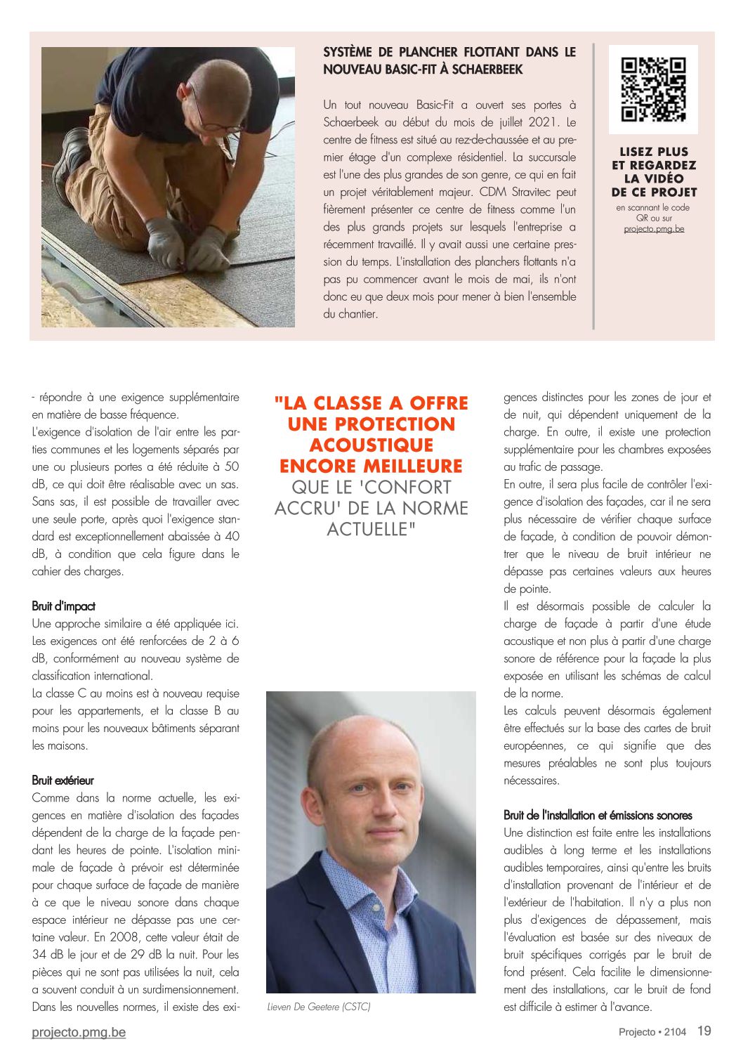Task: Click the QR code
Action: click(x=653, y=89)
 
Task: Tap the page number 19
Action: click(x=704, y=1031)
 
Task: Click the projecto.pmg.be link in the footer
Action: click(x=79, y=1032)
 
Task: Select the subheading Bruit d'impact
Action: click(x=63, y=606)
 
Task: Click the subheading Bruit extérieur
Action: click(x=63, y=781)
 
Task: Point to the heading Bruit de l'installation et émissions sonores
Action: click(x=598, y=815)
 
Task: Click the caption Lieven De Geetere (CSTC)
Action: click(x=319, y=1007)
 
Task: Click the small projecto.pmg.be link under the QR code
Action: click(x=654, y=228)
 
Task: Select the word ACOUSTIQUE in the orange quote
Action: click(x=371, y=445)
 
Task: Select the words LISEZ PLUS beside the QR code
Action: click(x=654, y=152)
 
